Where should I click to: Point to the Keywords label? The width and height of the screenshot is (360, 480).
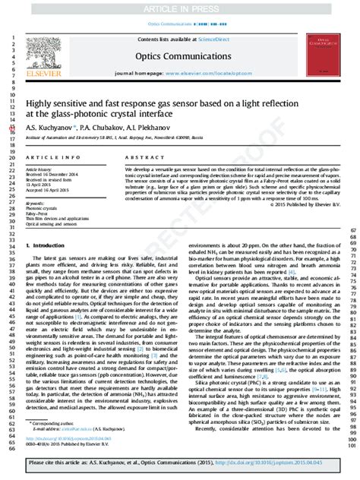coord(35,204)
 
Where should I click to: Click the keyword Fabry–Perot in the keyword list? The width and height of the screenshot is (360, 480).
coord(37,215)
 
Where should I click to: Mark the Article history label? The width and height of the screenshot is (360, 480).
coord(39,168)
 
